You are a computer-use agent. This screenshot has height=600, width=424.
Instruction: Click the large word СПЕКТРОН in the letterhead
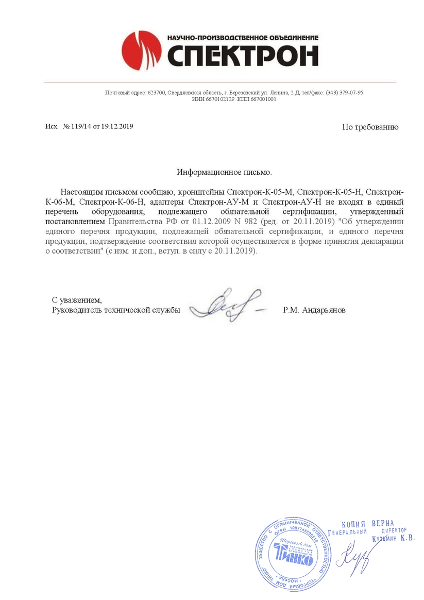(x=243, y=56)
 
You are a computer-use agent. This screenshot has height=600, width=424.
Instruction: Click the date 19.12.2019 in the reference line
(x=117, y=126)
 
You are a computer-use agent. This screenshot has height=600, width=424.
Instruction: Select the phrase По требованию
(x=370, y=127)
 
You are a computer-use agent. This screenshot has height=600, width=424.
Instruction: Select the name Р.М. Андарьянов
(x=314, y=310)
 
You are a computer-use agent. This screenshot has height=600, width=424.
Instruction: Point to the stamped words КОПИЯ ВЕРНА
(x=368, y=524)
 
